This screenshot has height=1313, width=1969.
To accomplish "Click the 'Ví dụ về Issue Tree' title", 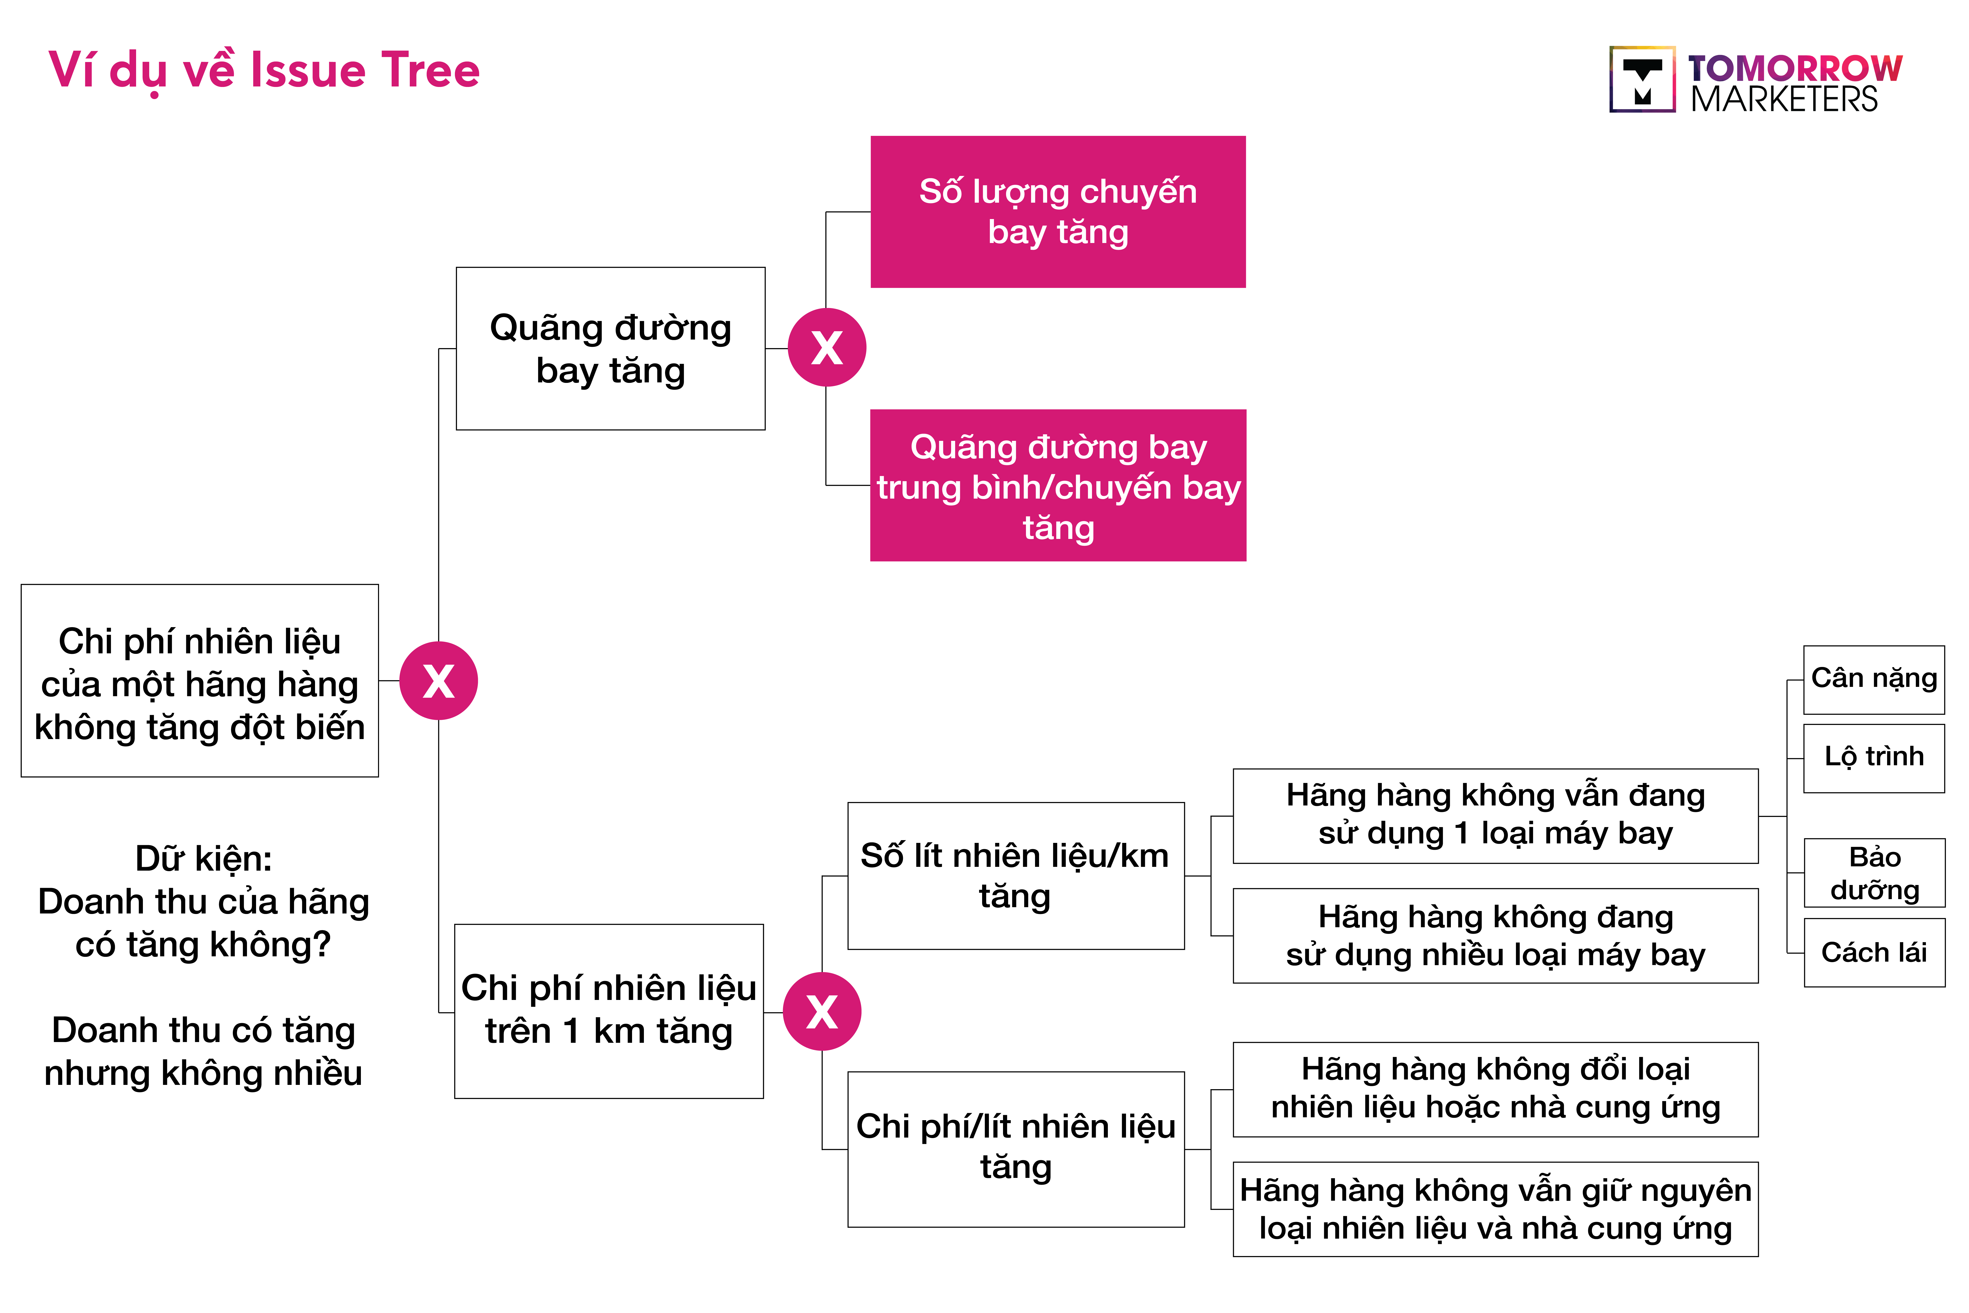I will pyautogui.click(x=264, y=70).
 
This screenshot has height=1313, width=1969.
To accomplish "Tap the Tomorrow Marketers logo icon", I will pyautogui.click(x=1642, y=80).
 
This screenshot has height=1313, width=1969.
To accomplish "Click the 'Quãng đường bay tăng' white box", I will pyautogui.click(x=610, y=348).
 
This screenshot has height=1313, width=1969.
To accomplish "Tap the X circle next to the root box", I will pyautogui.click(x=439, y=681).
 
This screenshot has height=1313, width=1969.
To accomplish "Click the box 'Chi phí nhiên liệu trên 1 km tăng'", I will pyautogui.click(x=609, y=1011).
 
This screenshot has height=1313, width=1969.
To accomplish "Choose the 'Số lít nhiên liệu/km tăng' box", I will pyautogui.click(x=1015, y=876).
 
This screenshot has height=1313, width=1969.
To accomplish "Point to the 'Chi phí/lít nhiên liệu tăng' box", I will pyautogui.click(x=1015, y=1149).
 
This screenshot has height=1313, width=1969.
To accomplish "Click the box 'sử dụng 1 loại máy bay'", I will pyautogui.click(x=1495, y=816).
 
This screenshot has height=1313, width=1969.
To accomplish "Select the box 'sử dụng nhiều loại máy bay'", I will pyautogui.click(x=1495, y=935).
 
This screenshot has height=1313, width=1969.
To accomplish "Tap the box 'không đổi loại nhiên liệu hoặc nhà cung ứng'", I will pyautogui.click(x=1495, y=1089).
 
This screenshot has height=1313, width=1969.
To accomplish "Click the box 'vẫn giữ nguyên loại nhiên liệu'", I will pyautogui.click(x=1495, y=1209).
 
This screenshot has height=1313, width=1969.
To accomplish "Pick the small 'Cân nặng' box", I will pyautogui.click(x=1873, y=679).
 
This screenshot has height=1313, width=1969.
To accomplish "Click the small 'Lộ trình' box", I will pyautogui.click(x=1873, y=758).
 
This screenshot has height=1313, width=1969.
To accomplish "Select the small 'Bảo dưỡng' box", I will pyautogui.click(x=1873, y=873).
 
